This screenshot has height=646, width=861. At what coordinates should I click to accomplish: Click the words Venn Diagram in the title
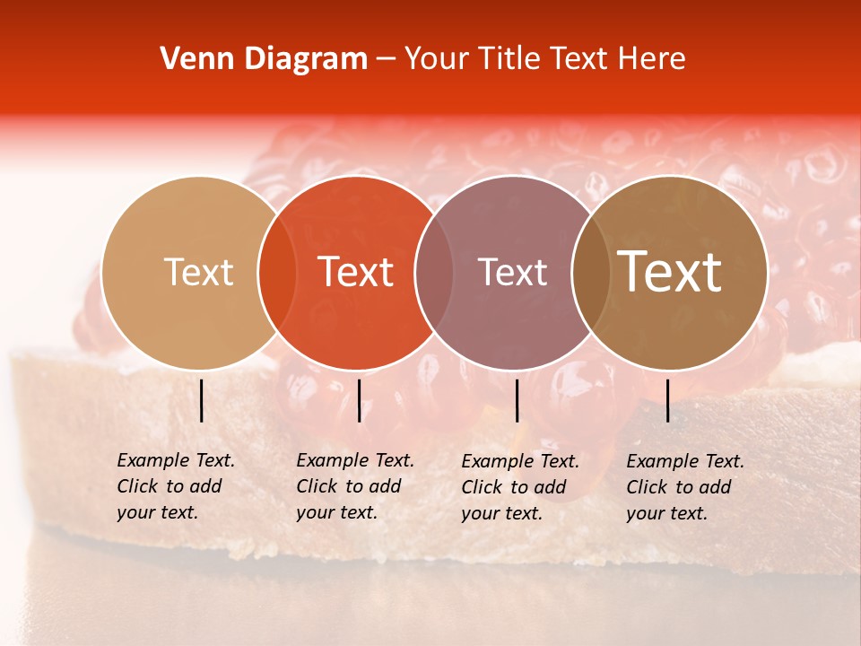[264, 59]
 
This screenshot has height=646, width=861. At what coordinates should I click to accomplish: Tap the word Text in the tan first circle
[198, 273]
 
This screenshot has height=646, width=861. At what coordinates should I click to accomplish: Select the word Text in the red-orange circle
[356, 273]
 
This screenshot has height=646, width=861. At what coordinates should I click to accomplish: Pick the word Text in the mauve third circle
[512, 273]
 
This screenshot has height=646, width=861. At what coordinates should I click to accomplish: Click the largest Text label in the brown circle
[669, 272]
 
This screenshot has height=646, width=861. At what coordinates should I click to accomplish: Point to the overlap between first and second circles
[277, 273]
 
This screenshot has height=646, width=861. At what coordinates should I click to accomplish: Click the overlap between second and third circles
[434, 273]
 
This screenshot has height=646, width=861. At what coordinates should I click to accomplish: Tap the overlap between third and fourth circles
[588, 273]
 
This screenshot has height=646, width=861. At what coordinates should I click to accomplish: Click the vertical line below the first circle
[201, 400]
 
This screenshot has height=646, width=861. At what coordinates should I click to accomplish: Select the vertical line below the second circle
[359, 400]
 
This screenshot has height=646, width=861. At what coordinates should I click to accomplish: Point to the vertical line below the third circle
[517, 400]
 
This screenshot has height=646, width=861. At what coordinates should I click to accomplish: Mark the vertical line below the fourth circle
[667, 400]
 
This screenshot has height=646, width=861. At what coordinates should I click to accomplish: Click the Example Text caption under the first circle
[175, 486]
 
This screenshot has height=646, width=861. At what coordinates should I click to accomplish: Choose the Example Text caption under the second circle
[354, 486]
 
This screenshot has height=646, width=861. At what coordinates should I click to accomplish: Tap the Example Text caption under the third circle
[519, 487]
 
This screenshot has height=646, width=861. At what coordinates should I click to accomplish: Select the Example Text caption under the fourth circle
[684, 487]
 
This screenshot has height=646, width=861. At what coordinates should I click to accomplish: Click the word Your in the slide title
[437, 59]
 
